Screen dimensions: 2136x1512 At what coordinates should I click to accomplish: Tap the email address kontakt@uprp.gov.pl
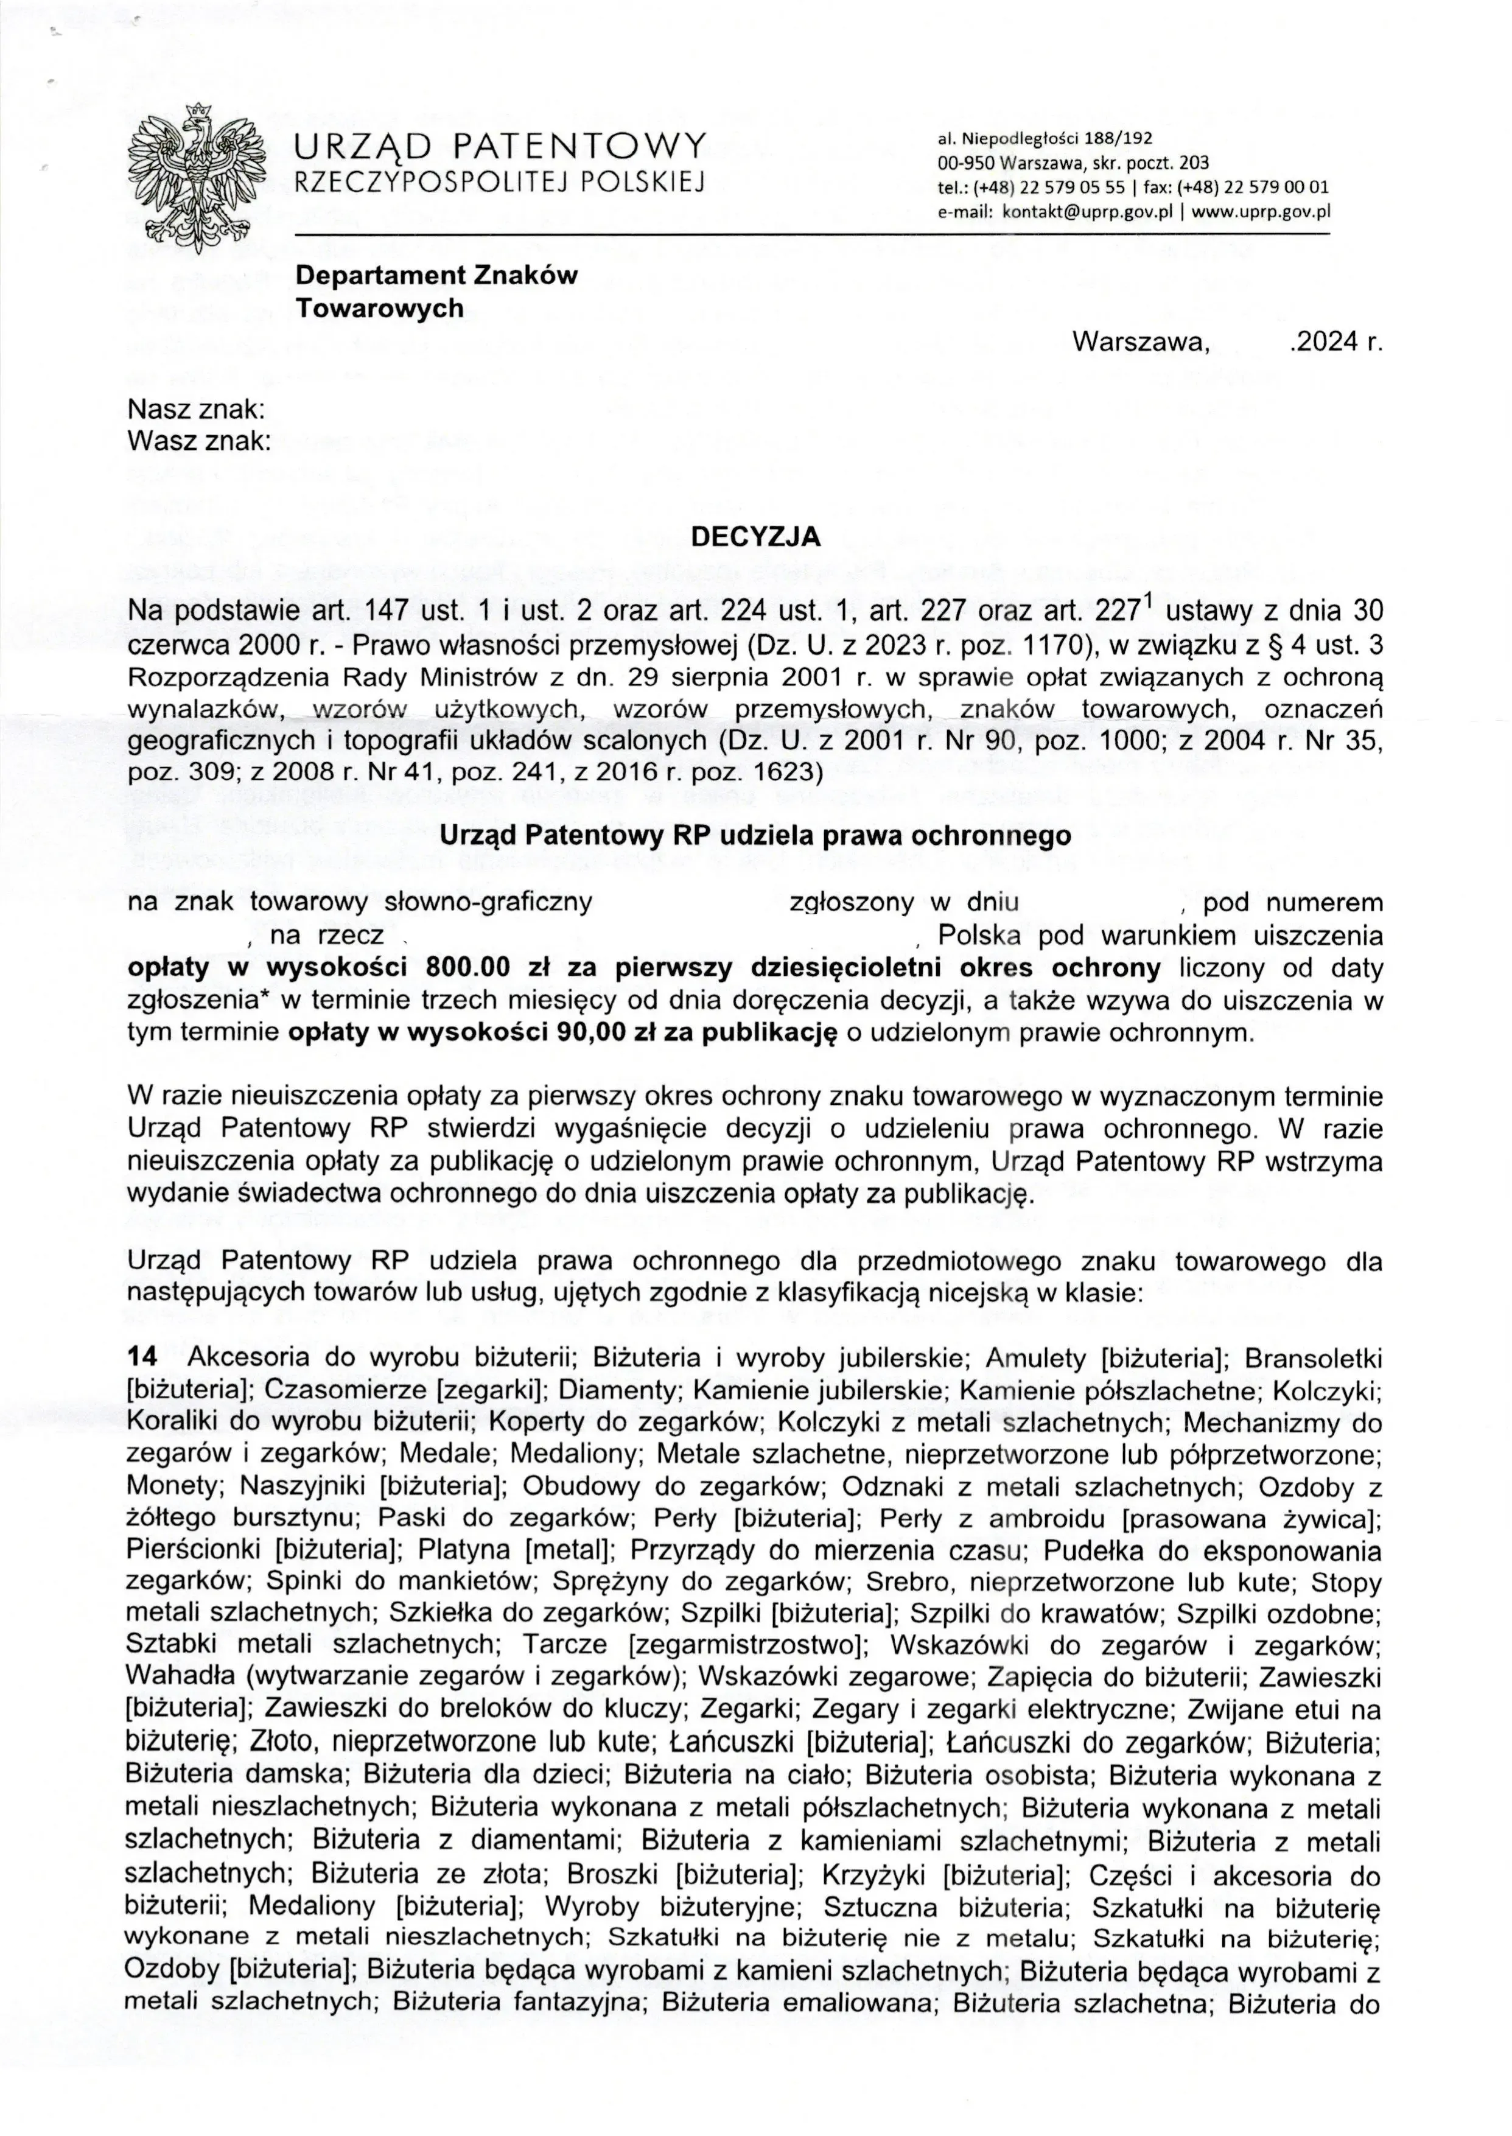tap(1085, 211)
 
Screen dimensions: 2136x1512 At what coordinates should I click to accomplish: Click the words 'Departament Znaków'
tap(436, 276)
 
